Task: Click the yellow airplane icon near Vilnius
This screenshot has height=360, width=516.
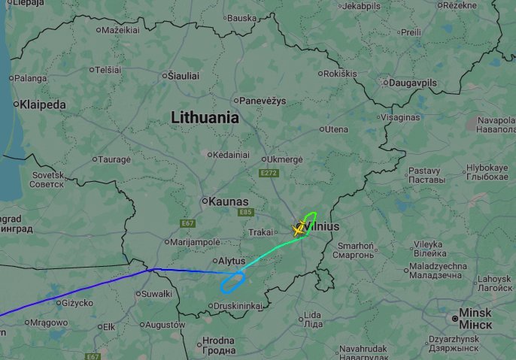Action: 299,230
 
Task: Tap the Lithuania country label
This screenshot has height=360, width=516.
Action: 205,118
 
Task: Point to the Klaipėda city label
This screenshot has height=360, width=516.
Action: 44,104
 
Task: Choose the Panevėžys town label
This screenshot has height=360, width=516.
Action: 262,100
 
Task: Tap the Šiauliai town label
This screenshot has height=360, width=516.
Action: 184,75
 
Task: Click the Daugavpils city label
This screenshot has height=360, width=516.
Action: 414,83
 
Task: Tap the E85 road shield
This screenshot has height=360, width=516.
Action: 245,213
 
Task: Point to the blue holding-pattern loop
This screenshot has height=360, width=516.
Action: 232,283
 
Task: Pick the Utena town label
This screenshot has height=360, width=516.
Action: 335,129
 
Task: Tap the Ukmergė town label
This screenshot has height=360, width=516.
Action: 285,159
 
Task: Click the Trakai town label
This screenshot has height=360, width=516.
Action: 261,232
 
